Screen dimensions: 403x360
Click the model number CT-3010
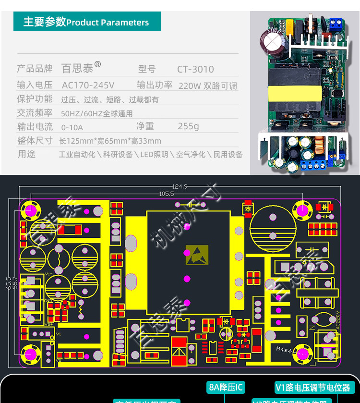[195, 69]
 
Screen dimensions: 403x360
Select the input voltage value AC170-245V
[88, 85]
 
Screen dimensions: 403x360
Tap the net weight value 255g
[188, 126]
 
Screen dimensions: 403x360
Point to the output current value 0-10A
[72, 127]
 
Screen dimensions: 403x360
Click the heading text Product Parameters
[108, 23]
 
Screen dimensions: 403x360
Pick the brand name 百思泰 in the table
[77, 69]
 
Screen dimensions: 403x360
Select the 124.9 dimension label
[180, 186]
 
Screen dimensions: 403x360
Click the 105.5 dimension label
[166, 194]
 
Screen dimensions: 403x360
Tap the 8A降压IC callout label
[226, 387]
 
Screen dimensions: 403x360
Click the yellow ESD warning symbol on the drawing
[197, 254]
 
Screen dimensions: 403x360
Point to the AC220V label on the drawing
[336, 319]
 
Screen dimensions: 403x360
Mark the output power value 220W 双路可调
[207, 86]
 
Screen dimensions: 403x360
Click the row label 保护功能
[35, 99]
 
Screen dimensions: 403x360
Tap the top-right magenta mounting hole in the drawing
[303, 209]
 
